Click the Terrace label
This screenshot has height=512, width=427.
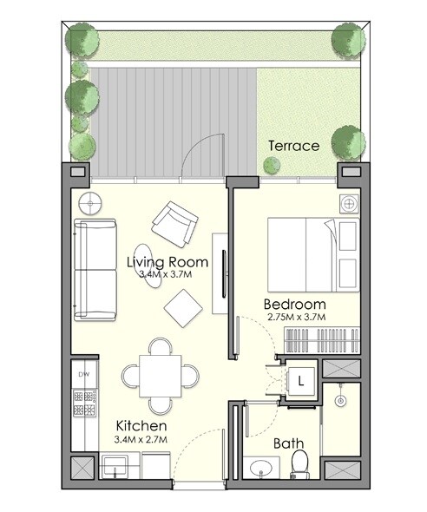point(293,146)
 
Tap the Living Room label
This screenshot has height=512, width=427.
point(167,261)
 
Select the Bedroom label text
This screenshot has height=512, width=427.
point(295,304)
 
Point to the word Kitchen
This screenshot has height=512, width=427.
point(142,427)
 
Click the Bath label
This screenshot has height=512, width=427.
point(288,443)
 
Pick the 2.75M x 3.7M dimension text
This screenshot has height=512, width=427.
point(295,318)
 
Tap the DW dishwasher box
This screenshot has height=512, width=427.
point(84,374)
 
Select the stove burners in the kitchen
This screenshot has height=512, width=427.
point(84,402)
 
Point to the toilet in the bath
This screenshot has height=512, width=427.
point(299,463)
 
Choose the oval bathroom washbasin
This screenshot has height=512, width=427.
point(259,469)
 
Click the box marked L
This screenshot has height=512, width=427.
point(299,381)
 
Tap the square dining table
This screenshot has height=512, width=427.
point(160,375)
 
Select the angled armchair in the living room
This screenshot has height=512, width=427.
point(174,222)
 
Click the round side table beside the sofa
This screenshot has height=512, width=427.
point(89,205)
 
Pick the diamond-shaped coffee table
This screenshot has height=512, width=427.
point(184,306)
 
